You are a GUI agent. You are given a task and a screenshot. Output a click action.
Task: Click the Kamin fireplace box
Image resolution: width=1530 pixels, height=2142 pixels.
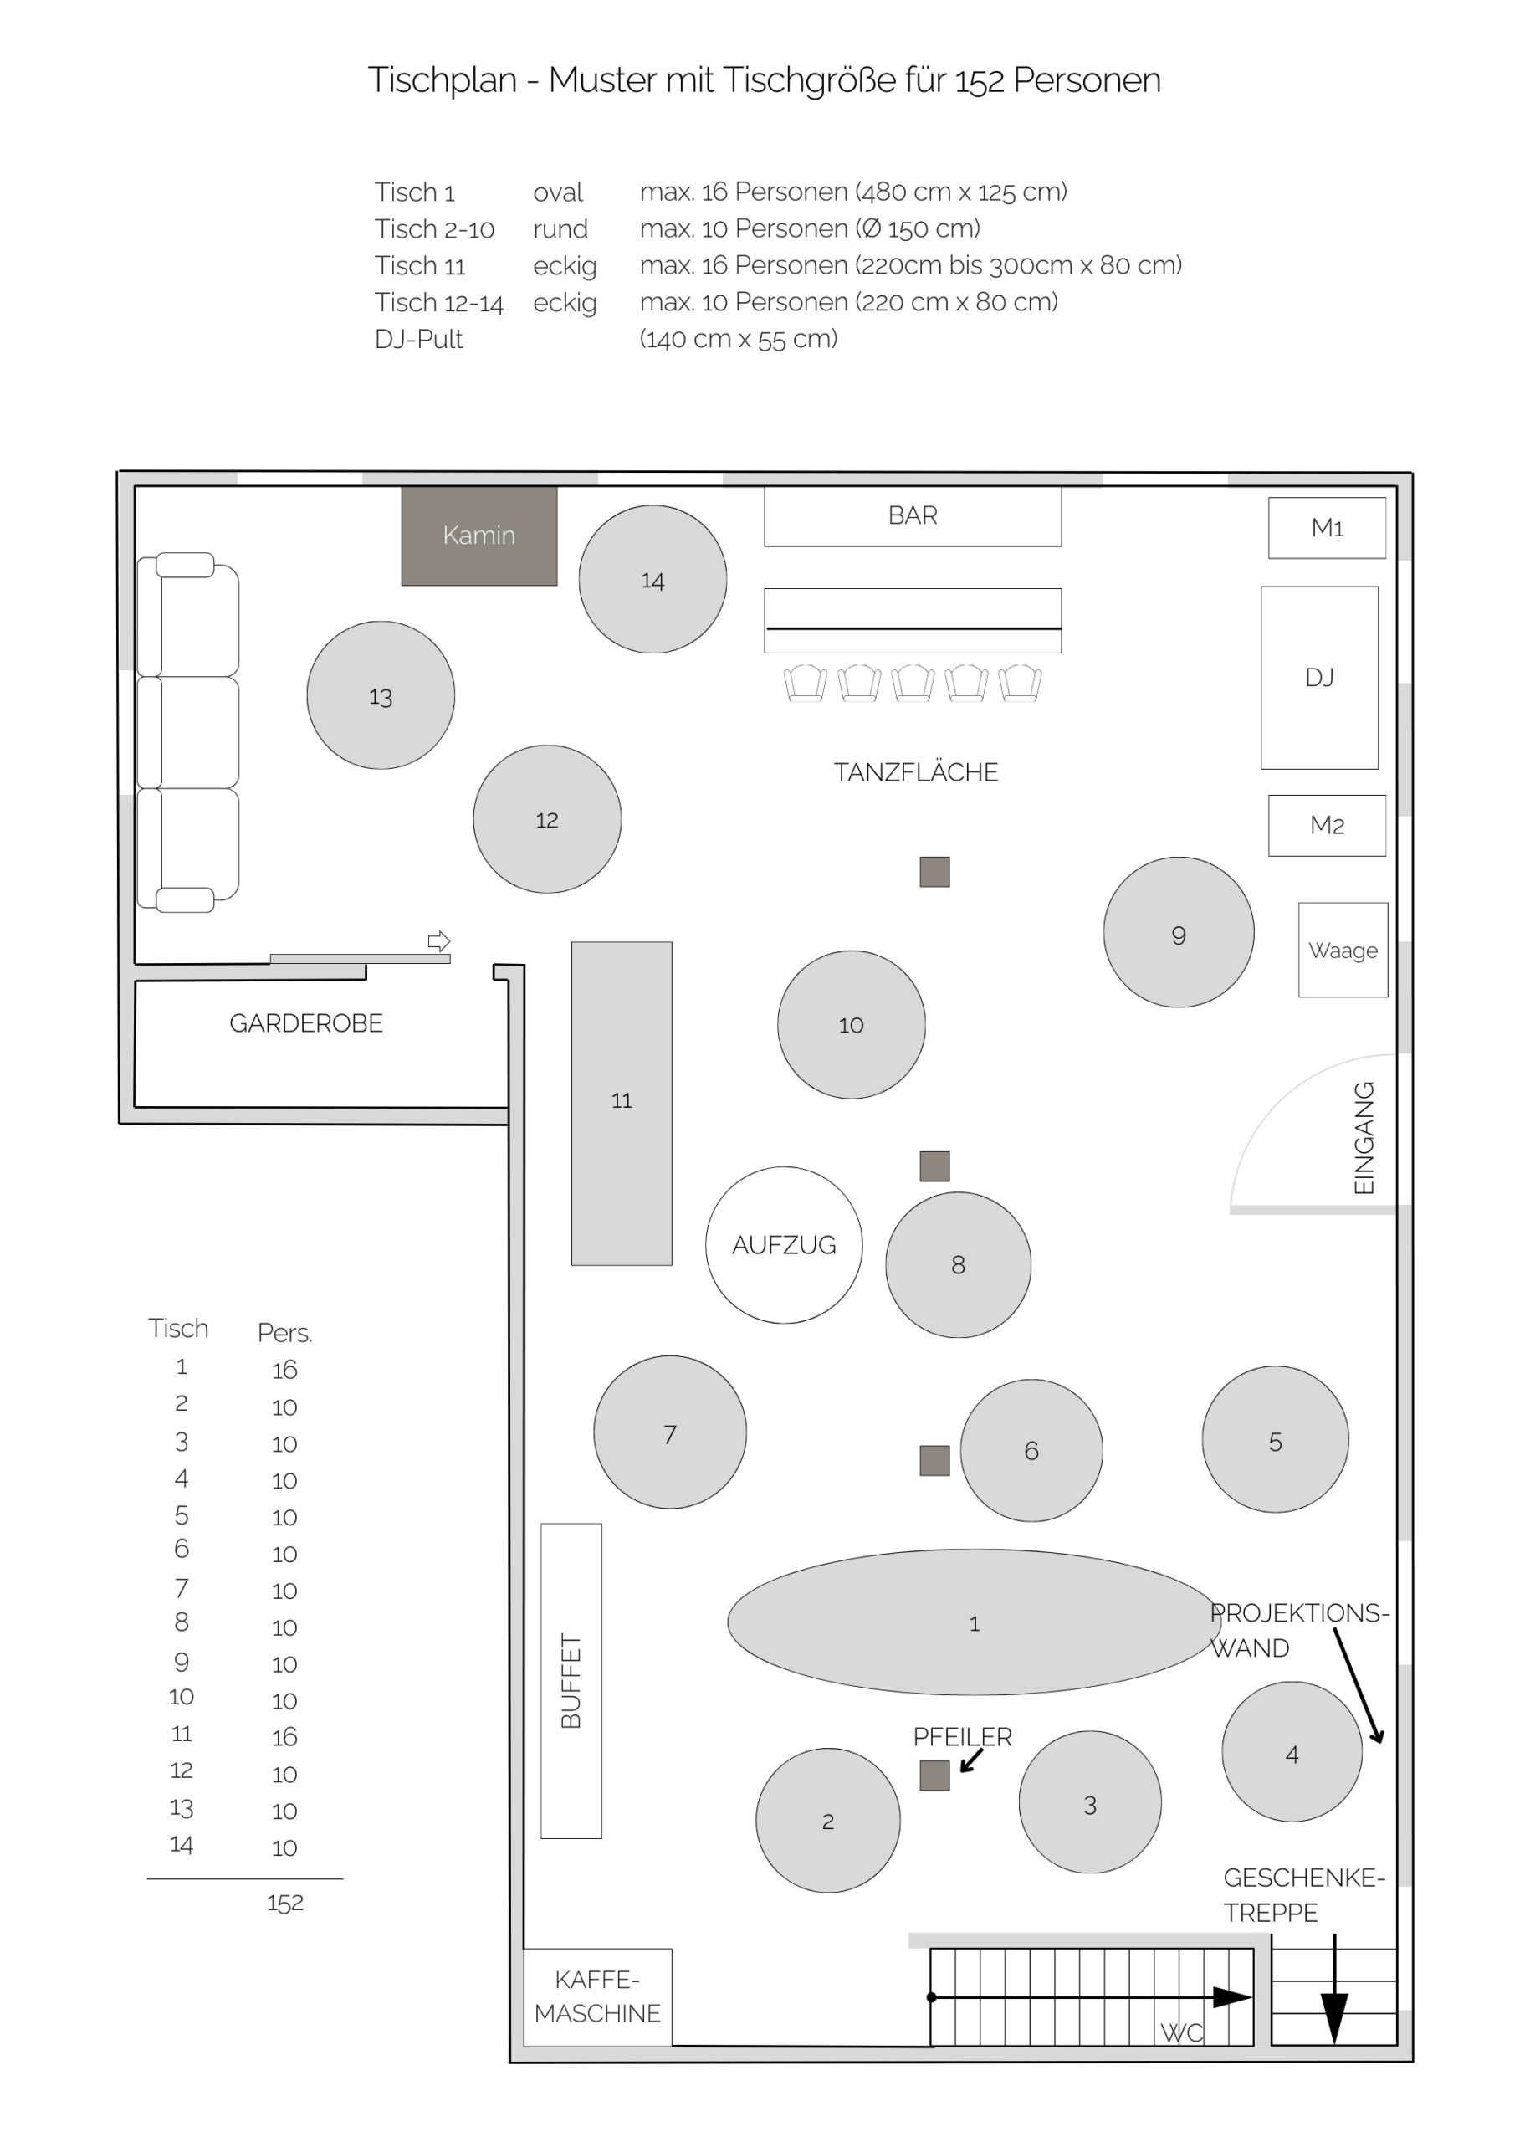pos(478,535)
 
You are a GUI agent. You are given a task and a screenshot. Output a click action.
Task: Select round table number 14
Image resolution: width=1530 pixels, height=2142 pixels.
pos(652,579)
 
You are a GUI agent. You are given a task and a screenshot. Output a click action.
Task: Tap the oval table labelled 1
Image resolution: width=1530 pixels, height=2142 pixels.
pos(975,1622)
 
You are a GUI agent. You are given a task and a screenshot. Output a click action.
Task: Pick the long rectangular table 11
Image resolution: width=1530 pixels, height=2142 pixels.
pos(622,1103)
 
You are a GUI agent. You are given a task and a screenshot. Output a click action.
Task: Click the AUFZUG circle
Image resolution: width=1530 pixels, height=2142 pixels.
pos(784,1245)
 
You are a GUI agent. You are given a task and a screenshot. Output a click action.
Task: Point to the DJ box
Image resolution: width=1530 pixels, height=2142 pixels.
pos(1319,678)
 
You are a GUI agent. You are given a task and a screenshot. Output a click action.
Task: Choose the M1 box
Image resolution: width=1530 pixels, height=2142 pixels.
pos(1327,528)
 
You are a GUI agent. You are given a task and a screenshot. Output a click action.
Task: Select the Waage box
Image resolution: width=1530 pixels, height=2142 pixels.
pos(1343,950)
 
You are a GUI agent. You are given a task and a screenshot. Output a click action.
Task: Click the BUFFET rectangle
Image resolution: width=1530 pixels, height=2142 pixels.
pos(571,1680)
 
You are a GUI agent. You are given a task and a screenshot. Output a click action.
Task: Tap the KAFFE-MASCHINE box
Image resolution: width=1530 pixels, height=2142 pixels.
pos(597,1996)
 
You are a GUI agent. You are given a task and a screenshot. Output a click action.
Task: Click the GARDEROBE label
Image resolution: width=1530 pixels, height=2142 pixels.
pos(306,1023)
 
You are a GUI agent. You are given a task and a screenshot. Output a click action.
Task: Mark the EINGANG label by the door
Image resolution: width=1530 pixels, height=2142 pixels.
pos(1364,1137)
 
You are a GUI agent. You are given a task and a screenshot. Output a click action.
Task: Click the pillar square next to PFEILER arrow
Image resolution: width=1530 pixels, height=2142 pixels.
pos(934,1776)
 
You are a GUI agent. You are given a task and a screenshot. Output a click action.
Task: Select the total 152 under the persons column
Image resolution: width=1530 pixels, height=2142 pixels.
pos(284,1903)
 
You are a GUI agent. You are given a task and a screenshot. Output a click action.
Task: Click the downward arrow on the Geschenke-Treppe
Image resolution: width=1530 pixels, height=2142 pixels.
pos(1334,1988)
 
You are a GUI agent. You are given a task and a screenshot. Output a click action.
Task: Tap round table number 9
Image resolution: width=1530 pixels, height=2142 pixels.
pos(1179,932)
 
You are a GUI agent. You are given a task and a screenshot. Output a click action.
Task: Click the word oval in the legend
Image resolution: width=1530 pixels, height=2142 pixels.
pos(558,192)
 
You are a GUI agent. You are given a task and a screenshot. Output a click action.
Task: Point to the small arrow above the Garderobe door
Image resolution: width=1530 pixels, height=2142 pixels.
pos(439,940)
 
